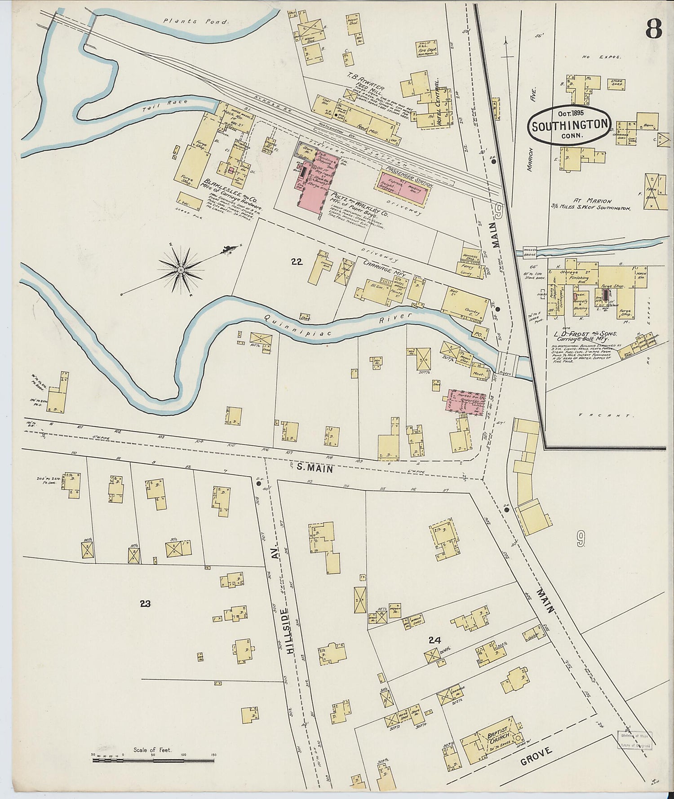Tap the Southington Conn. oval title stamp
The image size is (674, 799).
570,125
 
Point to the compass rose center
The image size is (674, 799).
180,269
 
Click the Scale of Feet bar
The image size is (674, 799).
153,761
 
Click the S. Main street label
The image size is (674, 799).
315,468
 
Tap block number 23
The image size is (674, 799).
145,603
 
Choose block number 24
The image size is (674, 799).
434,640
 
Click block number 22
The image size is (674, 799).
297,262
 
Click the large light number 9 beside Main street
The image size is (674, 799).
581,537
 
